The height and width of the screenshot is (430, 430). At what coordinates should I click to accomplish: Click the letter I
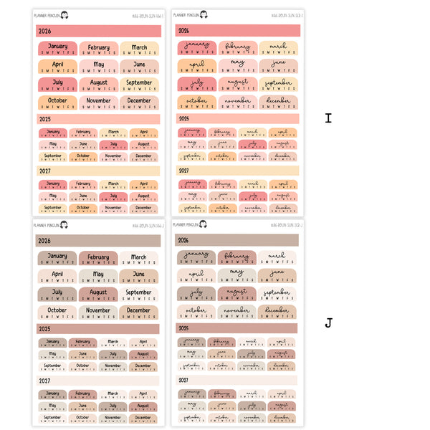[x=328, y=118]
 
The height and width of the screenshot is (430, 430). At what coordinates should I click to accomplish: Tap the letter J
[x=328, y=323]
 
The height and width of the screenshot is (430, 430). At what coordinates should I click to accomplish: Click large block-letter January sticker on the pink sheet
[x=57, y=48]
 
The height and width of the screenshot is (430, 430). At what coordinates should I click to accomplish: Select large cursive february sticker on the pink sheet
[x=238, y=48]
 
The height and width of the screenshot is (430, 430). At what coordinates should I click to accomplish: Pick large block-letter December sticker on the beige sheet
[x=139, y=312]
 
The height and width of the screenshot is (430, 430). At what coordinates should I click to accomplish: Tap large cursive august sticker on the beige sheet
[x=238, y=294]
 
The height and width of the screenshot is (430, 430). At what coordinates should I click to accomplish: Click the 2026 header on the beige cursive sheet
[x=238, y=240]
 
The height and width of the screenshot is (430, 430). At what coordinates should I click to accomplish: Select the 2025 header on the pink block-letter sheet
[x=98, y=118]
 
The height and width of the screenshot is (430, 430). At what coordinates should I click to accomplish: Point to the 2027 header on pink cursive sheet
[x=238, y=171]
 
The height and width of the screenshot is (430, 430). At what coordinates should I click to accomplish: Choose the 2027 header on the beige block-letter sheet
[x=98, y=381]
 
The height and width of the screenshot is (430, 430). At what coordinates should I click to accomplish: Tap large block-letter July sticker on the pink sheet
[x=57, y=85]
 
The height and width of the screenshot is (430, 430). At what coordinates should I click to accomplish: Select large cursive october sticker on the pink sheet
[x=196, y=102]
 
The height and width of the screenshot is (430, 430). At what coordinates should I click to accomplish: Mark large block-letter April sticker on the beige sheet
[x=57, y=276]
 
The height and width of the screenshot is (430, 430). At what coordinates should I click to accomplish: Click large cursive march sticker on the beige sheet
[x=278, y=258]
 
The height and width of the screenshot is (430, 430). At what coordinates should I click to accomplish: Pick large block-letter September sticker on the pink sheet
[x=139, y=85]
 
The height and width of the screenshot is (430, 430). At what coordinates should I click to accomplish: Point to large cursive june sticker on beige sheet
[x=278, y=276]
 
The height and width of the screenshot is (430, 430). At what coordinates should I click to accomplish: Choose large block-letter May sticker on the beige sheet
[x=98, y=276]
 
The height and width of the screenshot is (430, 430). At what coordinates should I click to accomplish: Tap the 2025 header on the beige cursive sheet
[x=238, y=328]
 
